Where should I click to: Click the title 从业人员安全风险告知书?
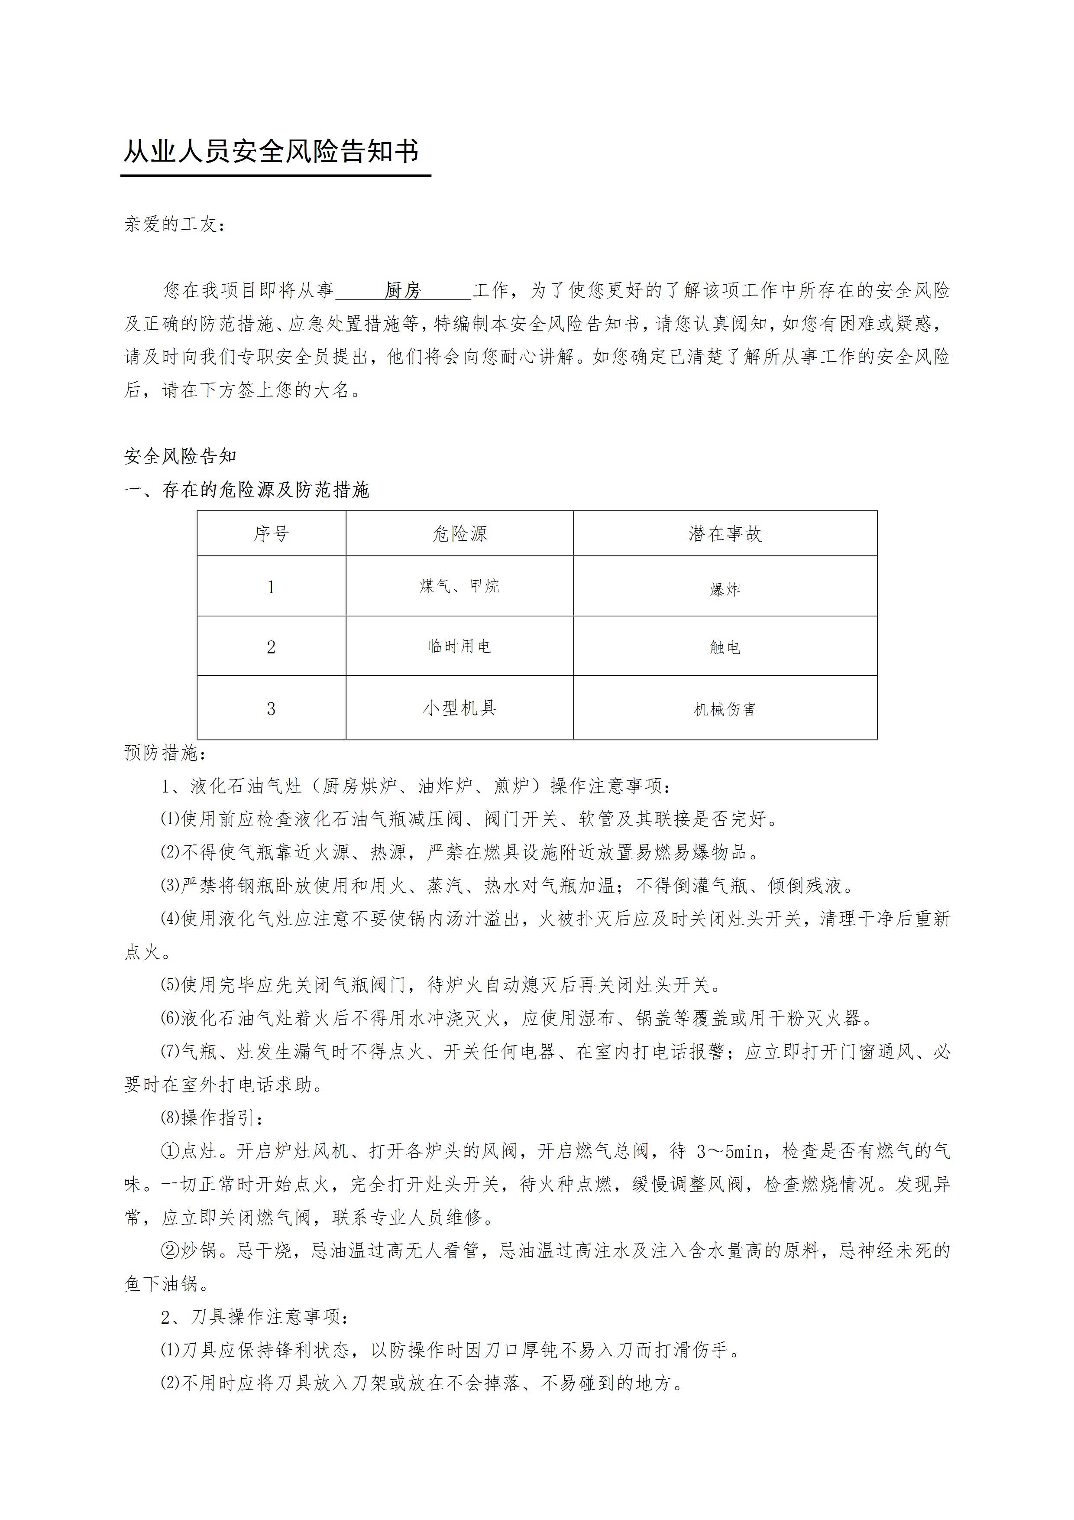coord(271,152)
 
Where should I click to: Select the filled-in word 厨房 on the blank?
coord(403,291)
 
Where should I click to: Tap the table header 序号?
coord(271,533)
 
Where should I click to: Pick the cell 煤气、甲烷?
coord(459,586)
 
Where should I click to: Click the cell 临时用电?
coord(459,646)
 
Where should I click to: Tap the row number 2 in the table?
coord(271,647)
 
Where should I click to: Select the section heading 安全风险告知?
coord(180,456)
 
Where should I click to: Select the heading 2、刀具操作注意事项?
coord(256,1317)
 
